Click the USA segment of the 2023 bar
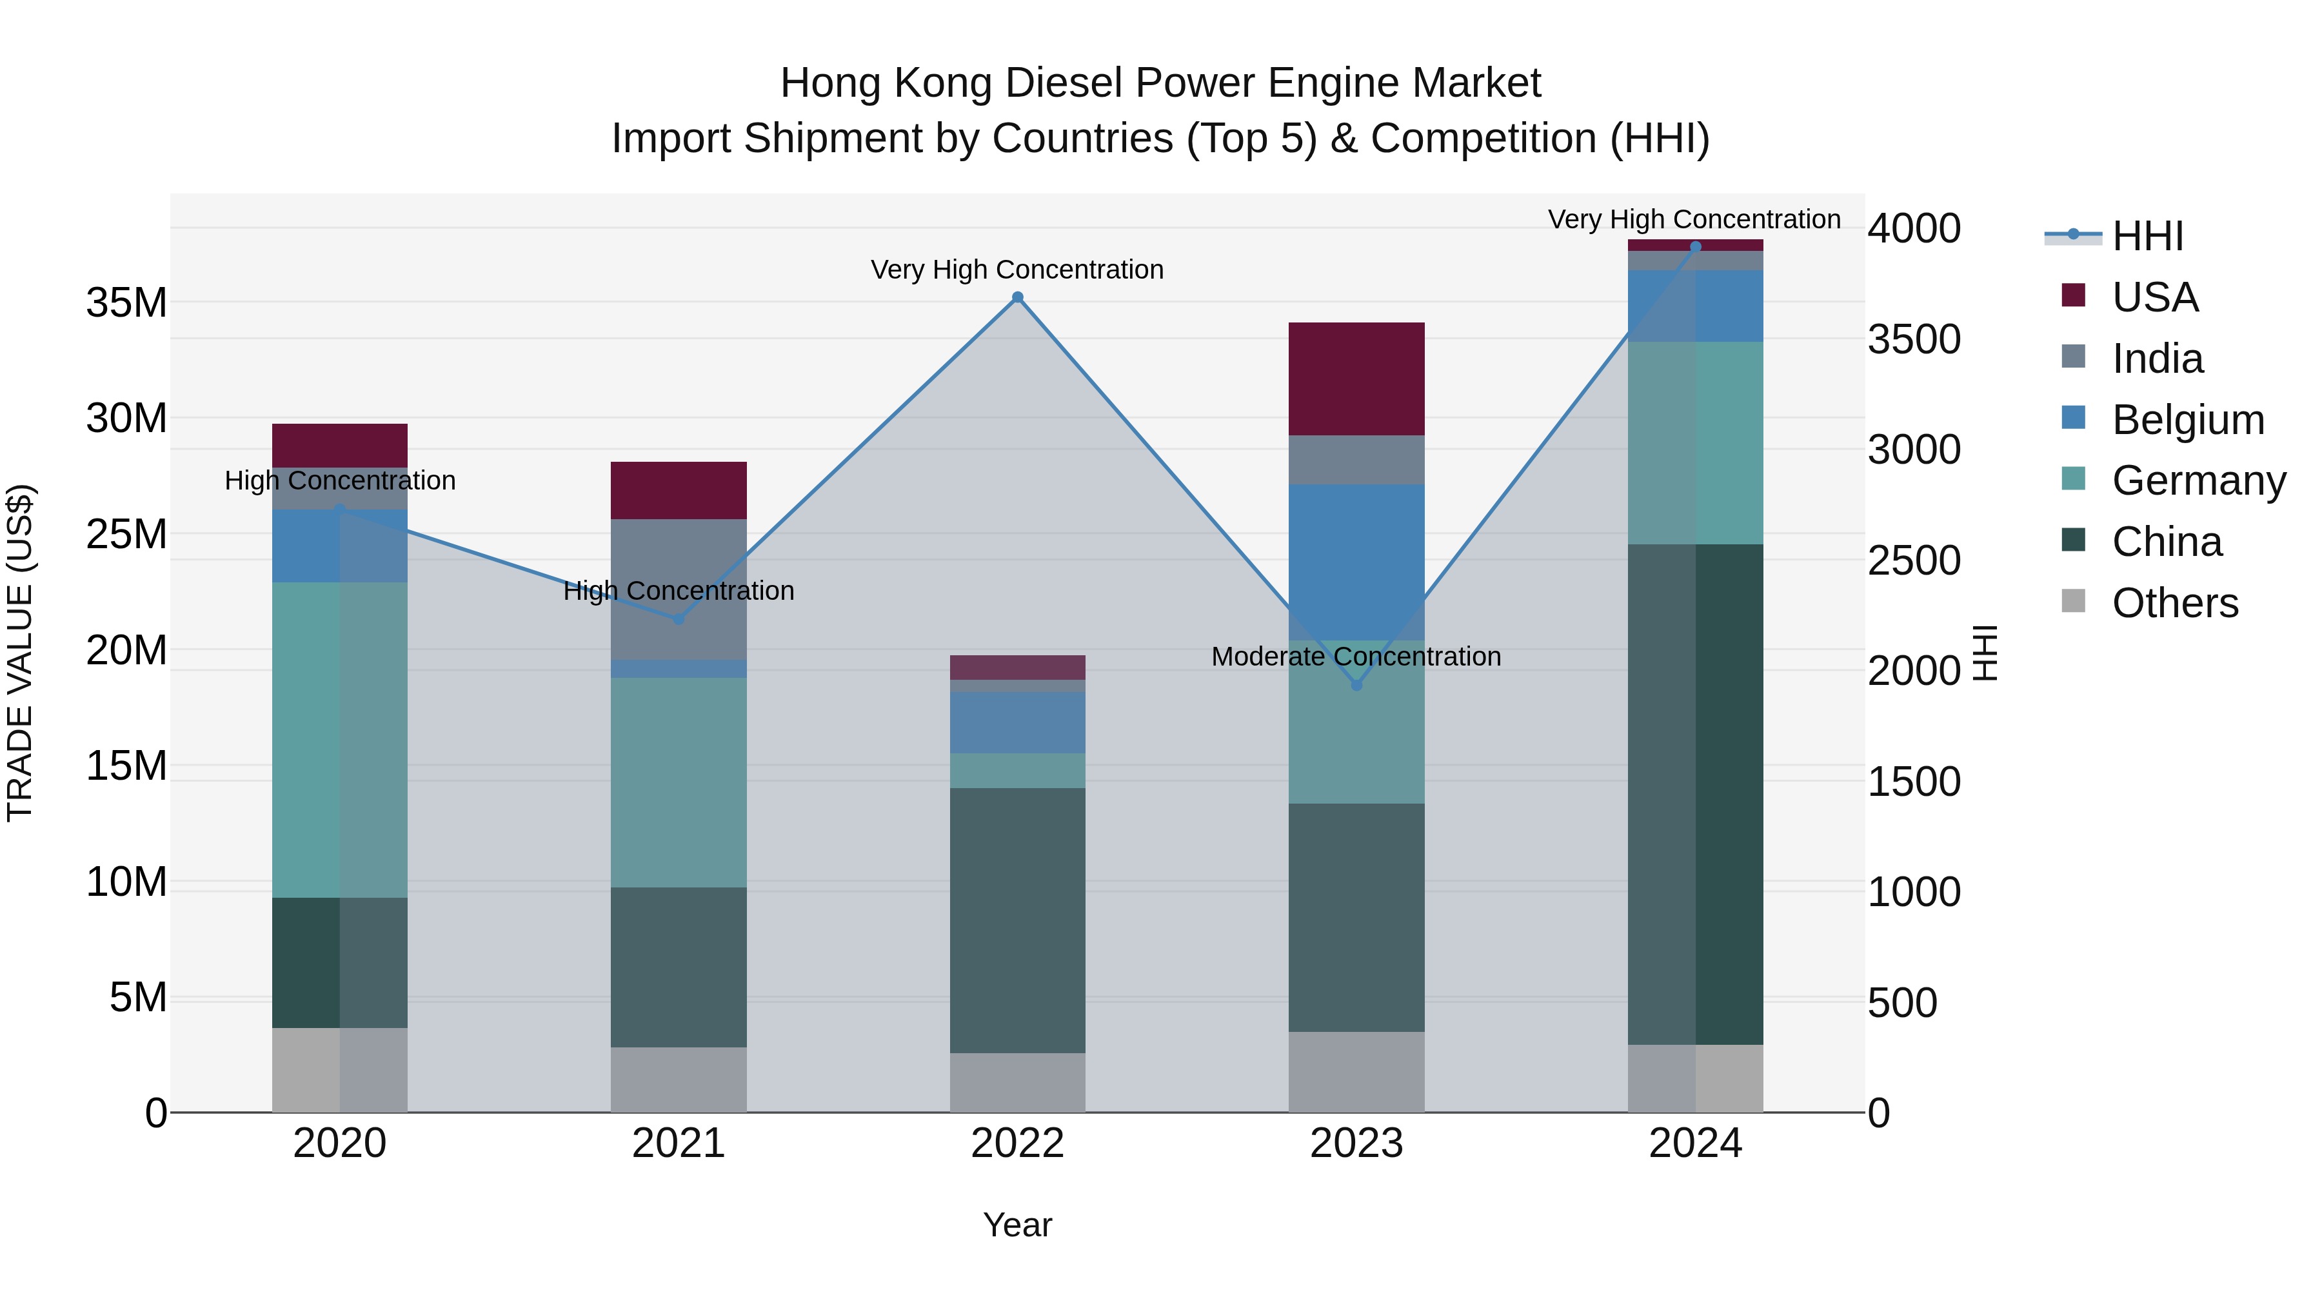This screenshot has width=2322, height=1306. coord(1356,379)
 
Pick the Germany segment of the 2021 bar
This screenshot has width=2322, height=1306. coord(678,782)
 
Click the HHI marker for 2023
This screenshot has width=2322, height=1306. coord(1356,685)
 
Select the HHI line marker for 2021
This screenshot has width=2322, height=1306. coord(678,619)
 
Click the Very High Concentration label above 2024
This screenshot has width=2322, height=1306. coord(1694,219)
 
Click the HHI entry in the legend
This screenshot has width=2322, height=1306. coord(2147,236)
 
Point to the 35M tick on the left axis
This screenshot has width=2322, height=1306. coord(126,303)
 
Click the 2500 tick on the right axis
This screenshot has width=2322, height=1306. coord(1913,560)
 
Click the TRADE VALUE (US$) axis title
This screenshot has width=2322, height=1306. coord(20,653)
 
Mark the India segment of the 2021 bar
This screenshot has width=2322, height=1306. coord(678,589)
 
